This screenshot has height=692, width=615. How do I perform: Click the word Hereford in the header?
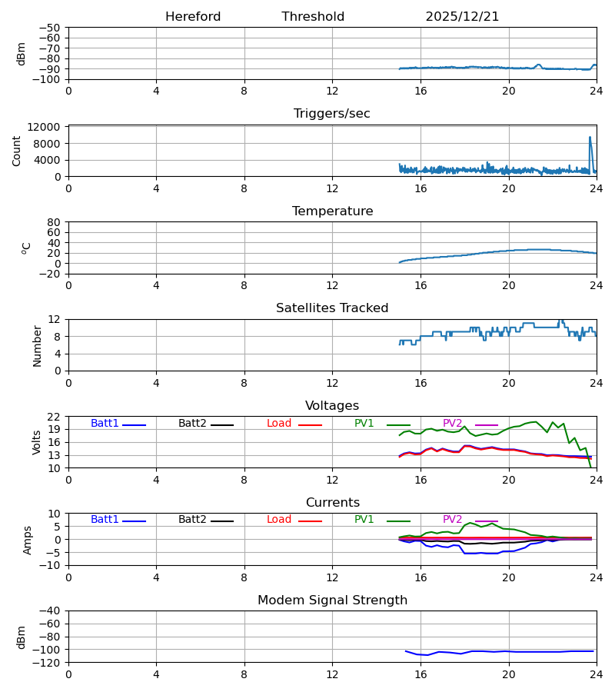coord(193,17)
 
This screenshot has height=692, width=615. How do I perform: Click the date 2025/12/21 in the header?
coord(462,17)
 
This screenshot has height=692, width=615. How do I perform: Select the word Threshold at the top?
coord(313,17)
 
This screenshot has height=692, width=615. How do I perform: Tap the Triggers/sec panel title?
coord(332,114)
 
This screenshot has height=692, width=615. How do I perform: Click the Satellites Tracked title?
coord(332,308)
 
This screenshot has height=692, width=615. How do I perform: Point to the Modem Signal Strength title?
coord(332,601)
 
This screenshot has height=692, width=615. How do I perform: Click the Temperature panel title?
coord(332,211)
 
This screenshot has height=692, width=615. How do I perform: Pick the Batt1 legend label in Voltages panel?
coord(105,424)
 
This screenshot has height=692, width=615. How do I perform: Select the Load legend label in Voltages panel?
coord(279,424)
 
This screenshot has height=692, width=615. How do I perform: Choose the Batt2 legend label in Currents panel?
coord(192,520)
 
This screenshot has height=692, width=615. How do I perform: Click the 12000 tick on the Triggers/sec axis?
coord(48,127)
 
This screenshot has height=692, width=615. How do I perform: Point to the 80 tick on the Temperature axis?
coord(55,222)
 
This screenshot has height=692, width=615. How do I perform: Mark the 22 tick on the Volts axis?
coord(55,417)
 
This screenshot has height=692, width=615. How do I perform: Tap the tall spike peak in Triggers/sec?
coord(590,138)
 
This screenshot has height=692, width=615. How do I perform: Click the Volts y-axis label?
coord(37,442)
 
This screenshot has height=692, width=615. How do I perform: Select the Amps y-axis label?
coord(28,540)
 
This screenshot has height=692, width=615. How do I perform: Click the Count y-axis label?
coord(17,151)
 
